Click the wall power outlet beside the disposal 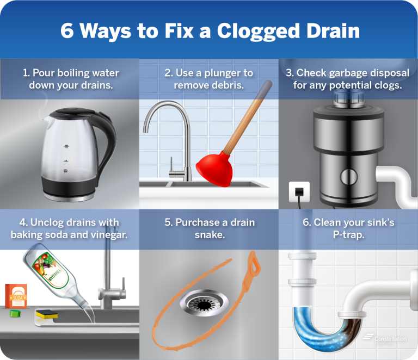[x=298, y=191]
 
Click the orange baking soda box [x=16, y=297]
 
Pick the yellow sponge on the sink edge [x=46, y=314]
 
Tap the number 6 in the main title [x=66, y=30]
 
